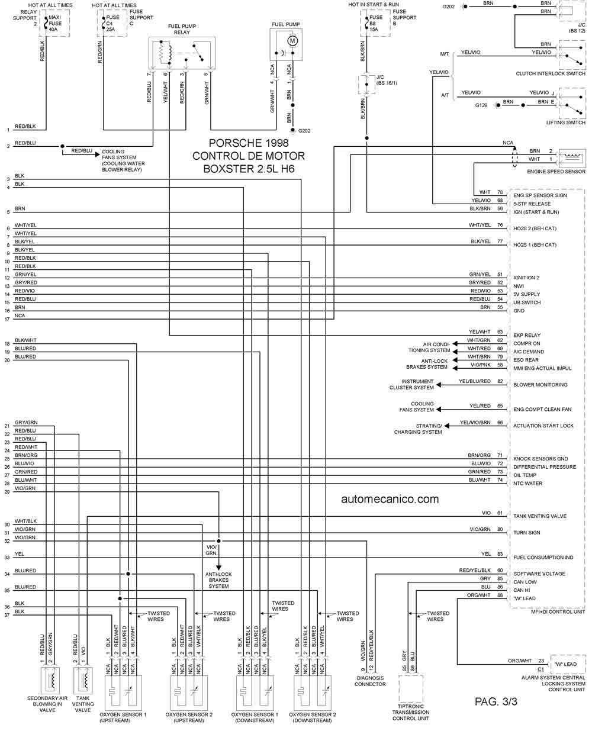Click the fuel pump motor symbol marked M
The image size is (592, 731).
(x=292, y=41)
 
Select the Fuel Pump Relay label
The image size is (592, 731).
(x=182, y=29)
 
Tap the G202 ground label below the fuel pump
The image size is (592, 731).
(x=304, y=131)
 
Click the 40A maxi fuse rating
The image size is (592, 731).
(x=53, y=30)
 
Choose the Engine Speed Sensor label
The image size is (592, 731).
(x=556, y=171)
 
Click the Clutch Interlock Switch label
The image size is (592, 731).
(x=551, y=73)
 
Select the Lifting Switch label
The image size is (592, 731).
(x=565, y=123)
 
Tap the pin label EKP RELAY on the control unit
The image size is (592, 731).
(x=527, y=335)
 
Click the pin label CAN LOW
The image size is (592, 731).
(x=525, y=582)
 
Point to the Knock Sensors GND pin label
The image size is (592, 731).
(x=540, y=459)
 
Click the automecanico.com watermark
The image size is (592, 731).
(x=390, y=498)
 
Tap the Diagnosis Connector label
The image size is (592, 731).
(x=370, y=681)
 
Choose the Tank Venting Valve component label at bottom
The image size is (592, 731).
(x=83, y=704)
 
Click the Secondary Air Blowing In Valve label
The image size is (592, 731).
(x=47, y=704)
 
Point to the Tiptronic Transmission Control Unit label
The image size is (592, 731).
(x=411, y=712)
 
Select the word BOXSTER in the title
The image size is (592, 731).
(x=227, y=169)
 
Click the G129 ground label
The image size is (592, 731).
(x=481, y=105)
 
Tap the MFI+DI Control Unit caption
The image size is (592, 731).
(x=558, y=611)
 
